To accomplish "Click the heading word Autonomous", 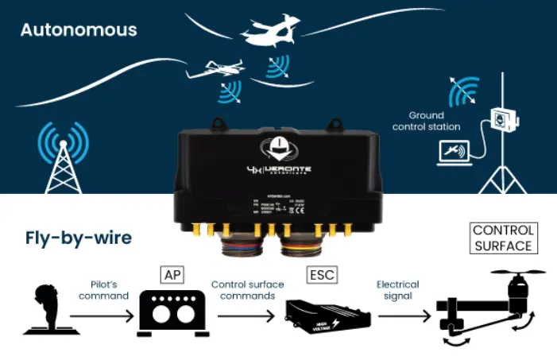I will coord(79,30).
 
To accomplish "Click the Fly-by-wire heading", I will coord(77,238).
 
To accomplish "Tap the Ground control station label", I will coord(435,121).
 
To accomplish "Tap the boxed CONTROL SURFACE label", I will coord(503,238).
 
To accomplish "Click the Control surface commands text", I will coord(243,289).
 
